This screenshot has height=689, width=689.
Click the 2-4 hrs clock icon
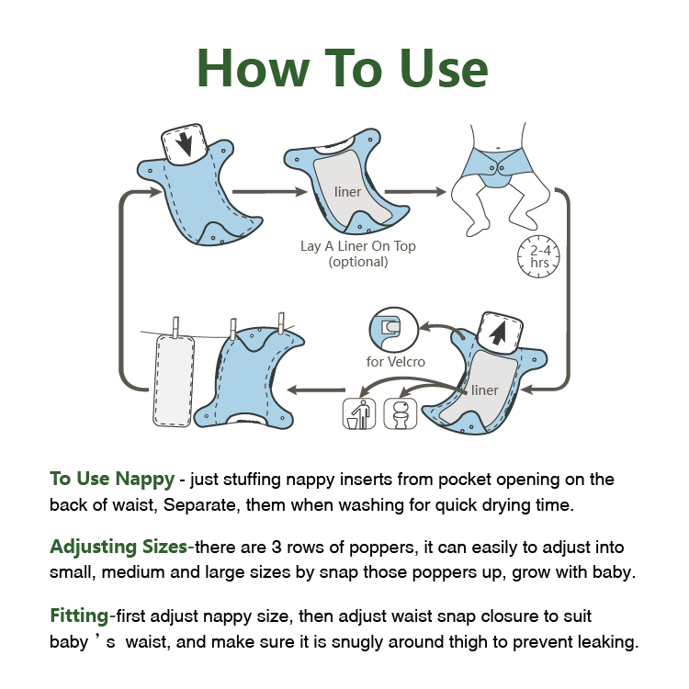coord(538,256)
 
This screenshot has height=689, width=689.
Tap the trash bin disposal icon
coord(359,413)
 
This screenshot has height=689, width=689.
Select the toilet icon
coord(401,413)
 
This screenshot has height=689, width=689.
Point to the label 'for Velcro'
coord(395,362)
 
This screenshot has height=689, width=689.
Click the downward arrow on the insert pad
coord(185,144)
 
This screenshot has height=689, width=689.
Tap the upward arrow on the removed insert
coord(498,333)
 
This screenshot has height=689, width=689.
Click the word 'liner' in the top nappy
coord(347,192)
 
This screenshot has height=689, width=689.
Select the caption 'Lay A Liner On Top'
coord(358,245)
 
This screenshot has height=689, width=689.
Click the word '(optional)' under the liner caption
coord(358,262)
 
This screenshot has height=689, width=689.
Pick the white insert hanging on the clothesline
coord(174,380)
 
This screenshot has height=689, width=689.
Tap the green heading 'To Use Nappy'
coord(112,480)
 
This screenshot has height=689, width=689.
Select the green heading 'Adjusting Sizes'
coord(119,548)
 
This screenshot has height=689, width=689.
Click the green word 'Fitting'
coord(79,616)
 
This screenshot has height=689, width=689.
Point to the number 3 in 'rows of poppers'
coord(277,548)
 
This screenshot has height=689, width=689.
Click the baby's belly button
coord(498,148)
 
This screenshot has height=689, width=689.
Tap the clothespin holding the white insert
coord(175,327)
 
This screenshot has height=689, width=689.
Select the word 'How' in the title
coord(254,69)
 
